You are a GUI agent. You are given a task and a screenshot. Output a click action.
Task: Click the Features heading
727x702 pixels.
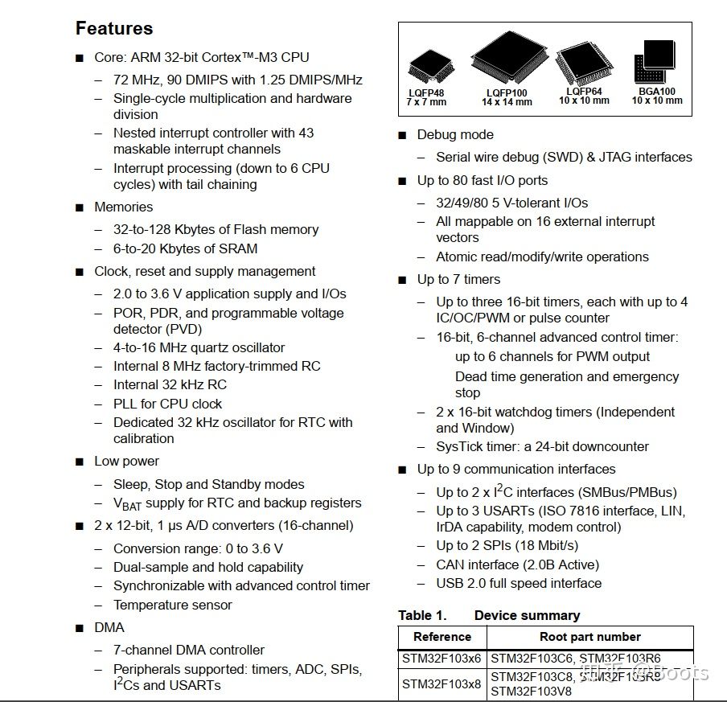[114, 29]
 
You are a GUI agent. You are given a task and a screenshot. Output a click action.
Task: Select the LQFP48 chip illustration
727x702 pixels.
[425, 68]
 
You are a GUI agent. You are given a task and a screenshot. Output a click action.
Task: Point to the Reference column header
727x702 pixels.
[442, 637]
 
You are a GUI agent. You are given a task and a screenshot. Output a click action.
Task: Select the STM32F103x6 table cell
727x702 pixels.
[442, 659]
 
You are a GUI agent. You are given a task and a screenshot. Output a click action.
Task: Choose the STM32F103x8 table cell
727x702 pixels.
[442, 684]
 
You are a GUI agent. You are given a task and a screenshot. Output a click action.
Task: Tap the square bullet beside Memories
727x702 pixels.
[79, 207]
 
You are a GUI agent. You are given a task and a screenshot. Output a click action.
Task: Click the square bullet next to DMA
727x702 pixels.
[79, 628]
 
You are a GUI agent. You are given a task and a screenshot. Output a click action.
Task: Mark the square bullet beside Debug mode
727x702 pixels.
[402, 135]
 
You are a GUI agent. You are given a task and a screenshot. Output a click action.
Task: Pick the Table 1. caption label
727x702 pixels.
[422, 615]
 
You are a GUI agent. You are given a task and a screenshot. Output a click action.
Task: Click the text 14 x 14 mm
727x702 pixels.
[507, 102]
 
